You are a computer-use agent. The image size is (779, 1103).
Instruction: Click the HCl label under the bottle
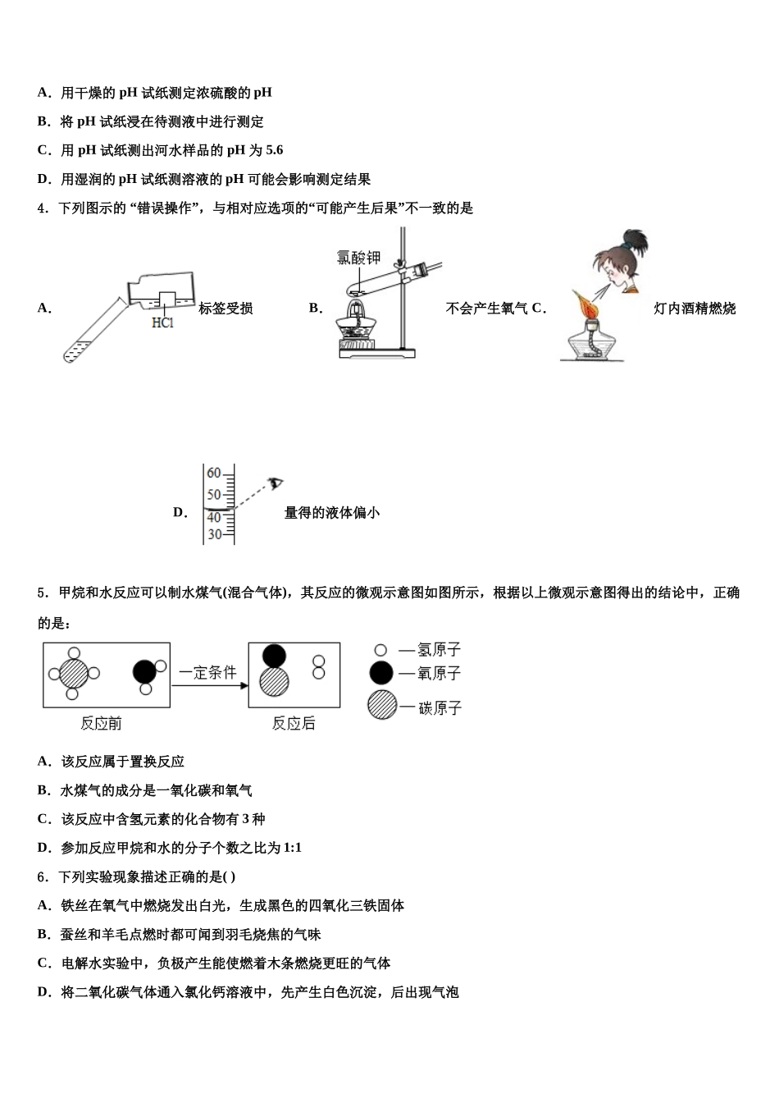(163, 323)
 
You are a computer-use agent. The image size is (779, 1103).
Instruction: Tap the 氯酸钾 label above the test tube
(359, 258)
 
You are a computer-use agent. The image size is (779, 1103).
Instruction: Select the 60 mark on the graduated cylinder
(214, 474)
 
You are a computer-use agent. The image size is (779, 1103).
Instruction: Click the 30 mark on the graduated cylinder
(214, 534)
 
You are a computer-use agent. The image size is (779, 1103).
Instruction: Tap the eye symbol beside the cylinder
(276, 482)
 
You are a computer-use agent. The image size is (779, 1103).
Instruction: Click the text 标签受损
(225, 309)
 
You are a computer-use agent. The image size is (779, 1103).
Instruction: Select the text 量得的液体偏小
(331, 513)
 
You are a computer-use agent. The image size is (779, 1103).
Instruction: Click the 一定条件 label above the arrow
(207, 673)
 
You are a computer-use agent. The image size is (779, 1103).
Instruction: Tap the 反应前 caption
(101, 723)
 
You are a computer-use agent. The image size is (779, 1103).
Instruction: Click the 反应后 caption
(294, 723)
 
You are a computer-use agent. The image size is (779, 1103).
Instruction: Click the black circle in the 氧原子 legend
(381, 673)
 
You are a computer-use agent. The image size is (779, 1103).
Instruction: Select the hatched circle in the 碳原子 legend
(381, 705)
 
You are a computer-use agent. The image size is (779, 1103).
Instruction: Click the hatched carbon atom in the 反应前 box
(74, 675)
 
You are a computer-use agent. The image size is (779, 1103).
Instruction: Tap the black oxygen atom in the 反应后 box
(274, 656)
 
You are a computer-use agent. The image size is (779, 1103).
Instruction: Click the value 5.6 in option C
(274, 150)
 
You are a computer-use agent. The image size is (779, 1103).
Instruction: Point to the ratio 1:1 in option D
(292, 848)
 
